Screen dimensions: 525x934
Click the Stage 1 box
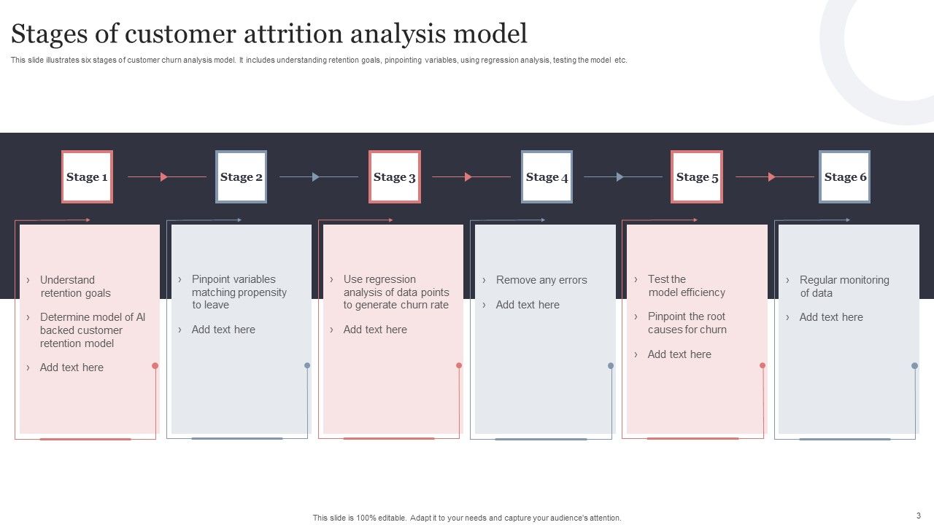tap(87, 176)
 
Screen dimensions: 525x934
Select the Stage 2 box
tap(241, 176)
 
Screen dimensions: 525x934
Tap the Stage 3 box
tap(394, 176)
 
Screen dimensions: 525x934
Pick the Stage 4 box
tap(547, 176)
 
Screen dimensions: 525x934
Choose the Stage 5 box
tap(697, 176)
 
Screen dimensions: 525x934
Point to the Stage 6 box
tap(845, 176)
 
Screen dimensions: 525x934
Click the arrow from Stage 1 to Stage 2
tap(165, 176)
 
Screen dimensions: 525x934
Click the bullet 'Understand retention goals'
tap(76, 287)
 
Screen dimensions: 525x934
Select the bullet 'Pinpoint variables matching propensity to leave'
tap(239, 292)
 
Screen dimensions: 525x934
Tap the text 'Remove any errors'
tap(541, 280)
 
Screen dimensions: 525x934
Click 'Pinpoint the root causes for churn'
tap(687, 323)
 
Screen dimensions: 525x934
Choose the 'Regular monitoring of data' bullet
tap(844, 287)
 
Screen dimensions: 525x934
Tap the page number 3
tap(919, 515)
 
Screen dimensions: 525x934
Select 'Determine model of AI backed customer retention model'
tap(92, 330)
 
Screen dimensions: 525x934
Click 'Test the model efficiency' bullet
tap(686, 286)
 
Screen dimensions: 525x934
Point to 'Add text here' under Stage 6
tap(830, 317)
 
